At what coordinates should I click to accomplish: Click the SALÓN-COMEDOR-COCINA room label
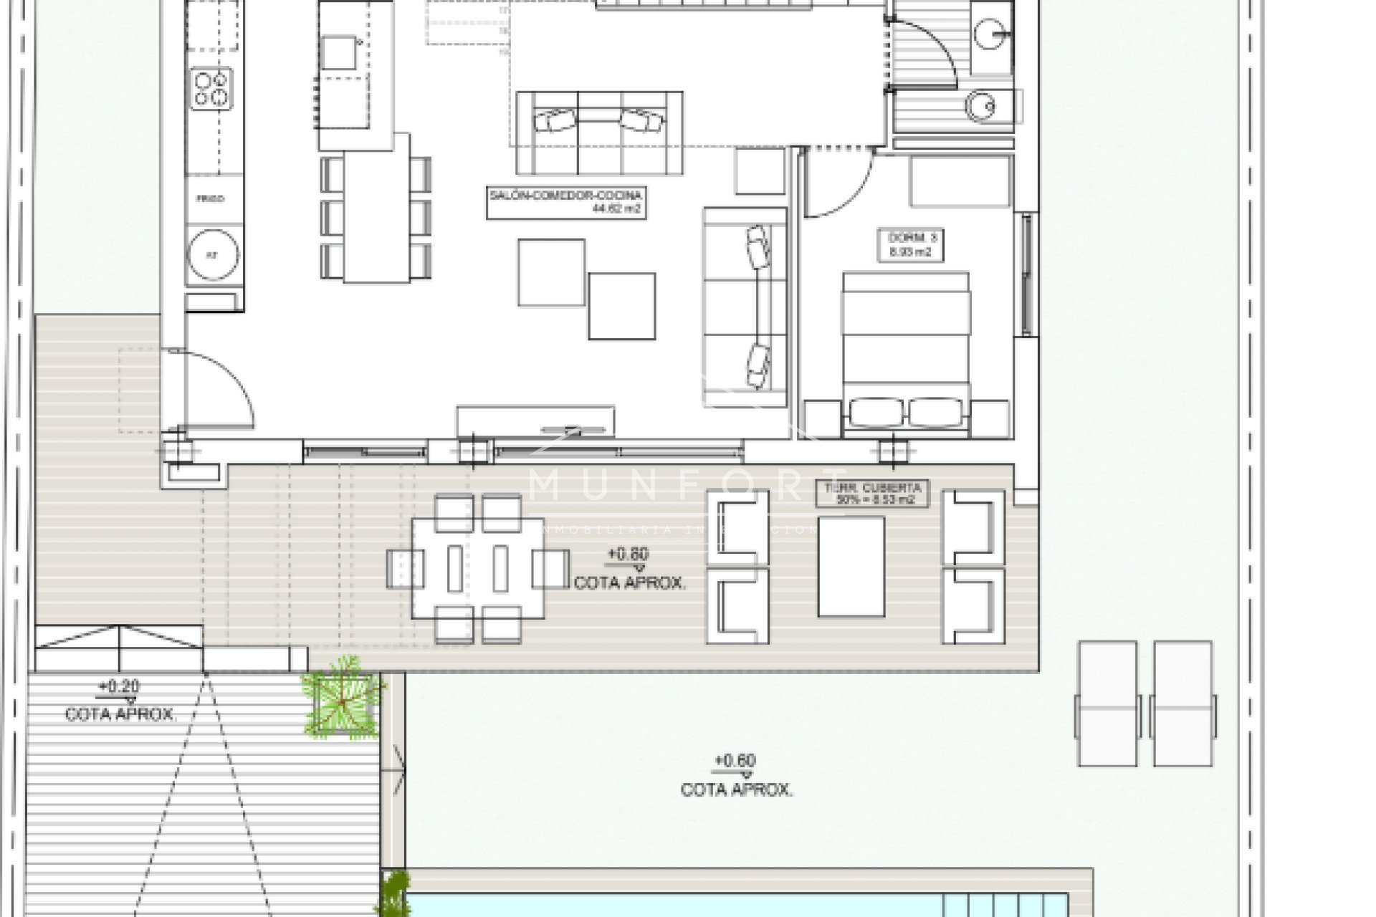pos(565,202)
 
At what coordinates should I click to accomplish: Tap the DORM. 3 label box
pos(910,244)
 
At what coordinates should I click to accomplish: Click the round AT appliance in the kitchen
pos(212,254)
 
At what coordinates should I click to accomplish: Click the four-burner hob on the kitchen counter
pos(212,88)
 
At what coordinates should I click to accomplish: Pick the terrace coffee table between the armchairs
pos(851,567)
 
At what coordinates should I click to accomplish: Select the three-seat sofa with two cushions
pos(598,133)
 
